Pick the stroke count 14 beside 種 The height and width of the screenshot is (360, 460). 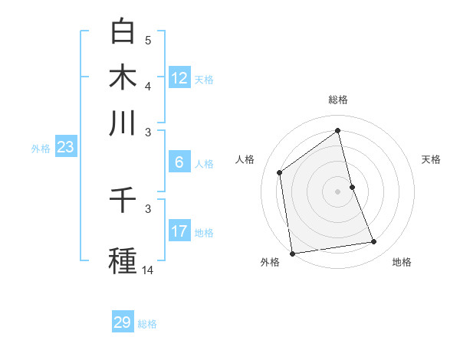point(148,270)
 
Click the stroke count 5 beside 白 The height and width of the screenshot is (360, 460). point(148,40)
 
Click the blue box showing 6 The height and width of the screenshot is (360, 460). point(179,162)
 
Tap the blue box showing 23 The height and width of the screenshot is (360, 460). point(65,147)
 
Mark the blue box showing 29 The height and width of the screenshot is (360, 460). point(123,322)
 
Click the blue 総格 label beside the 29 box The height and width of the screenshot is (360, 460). point(147,324)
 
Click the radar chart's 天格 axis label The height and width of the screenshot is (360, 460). point(431,159)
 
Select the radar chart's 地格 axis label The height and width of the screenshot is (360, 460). point(402,262)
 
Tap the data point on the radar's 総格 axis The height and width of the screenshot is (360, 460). point(338,131)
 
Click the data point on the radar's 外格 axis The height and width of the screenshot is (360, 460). point(292,253)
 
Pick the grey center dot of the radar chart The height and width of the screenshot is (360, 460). point(338,191)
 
